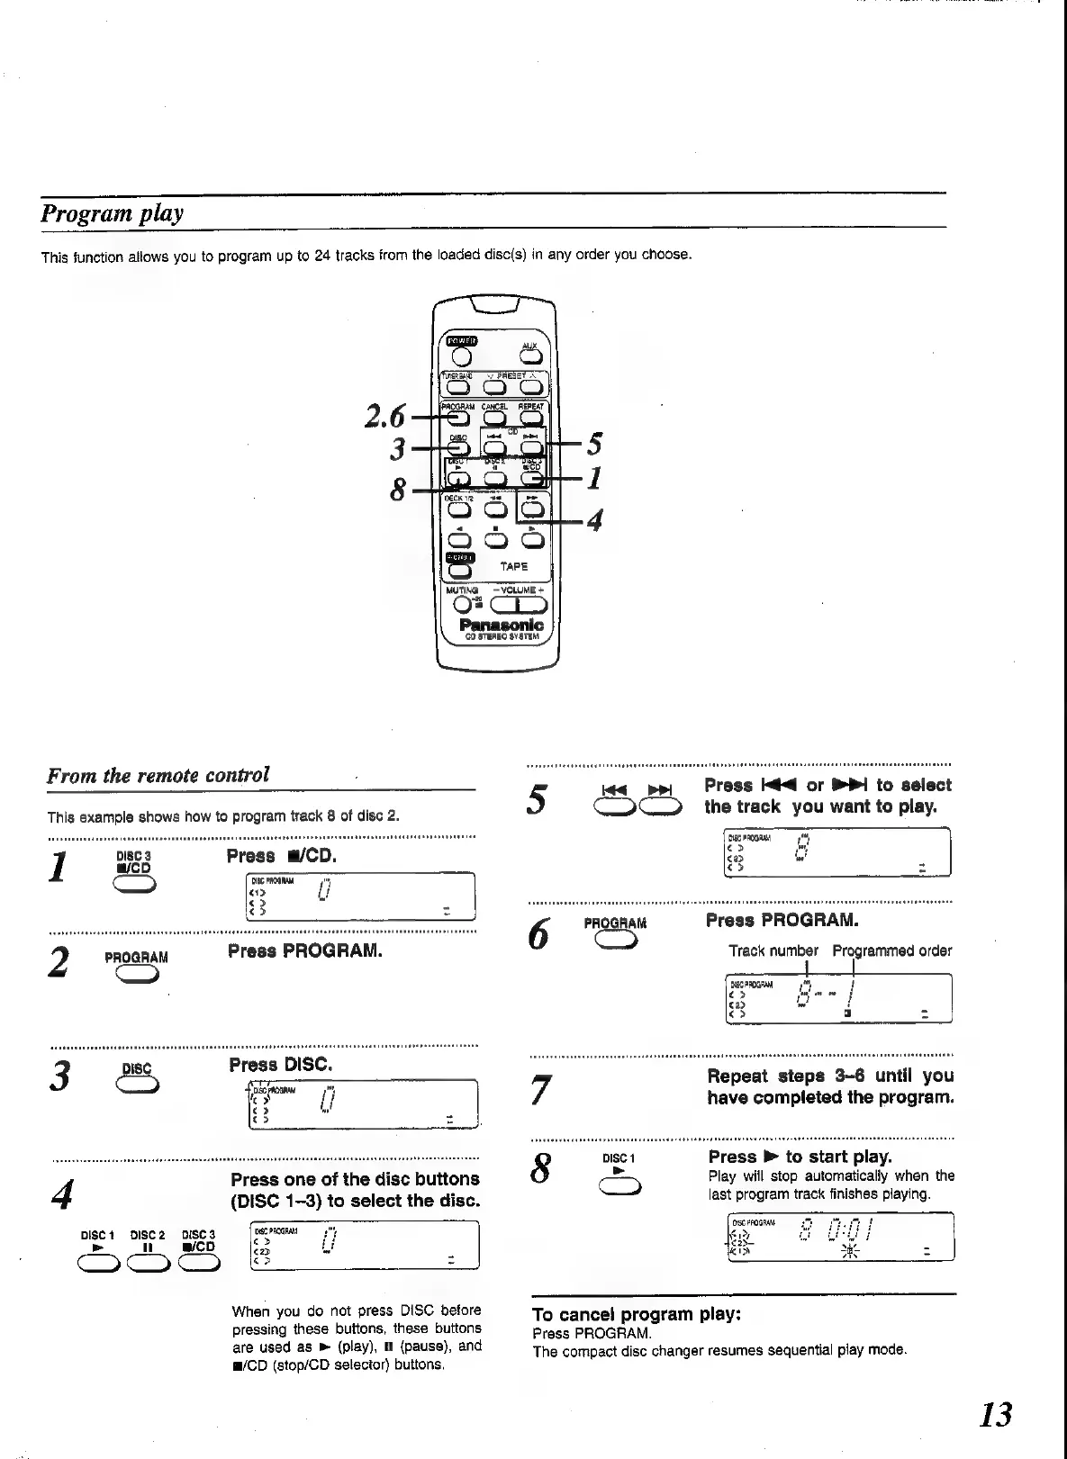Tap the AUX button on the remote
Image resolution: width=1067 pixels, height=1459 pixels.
[529, 358]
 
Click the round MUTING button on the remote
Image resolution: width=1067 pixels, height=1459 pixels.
[462, 605]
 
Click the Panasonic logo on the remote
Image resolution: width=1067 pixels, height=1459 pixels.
[501, 625]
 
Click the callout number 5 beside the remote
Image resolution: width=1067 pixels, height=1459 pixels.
[594, 445]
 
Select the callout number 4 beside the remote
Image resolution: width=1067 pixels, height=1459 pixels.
[593, 521]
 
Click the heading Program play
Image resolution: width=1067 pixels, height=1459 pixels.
[113, 214]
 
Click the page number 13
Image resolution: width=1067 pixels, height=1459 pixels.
[995, 1414]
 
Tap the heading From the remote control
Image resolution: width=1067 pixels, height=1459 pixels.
[158, 775]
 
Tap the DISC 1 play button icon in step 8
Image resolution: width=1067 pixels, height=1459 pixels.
[619, 1188]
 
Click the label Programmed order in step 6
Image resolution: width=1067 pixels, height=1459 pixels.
[891, 950]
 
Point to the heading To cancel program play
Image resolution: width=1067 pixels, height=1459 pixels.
[637, 1314]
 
